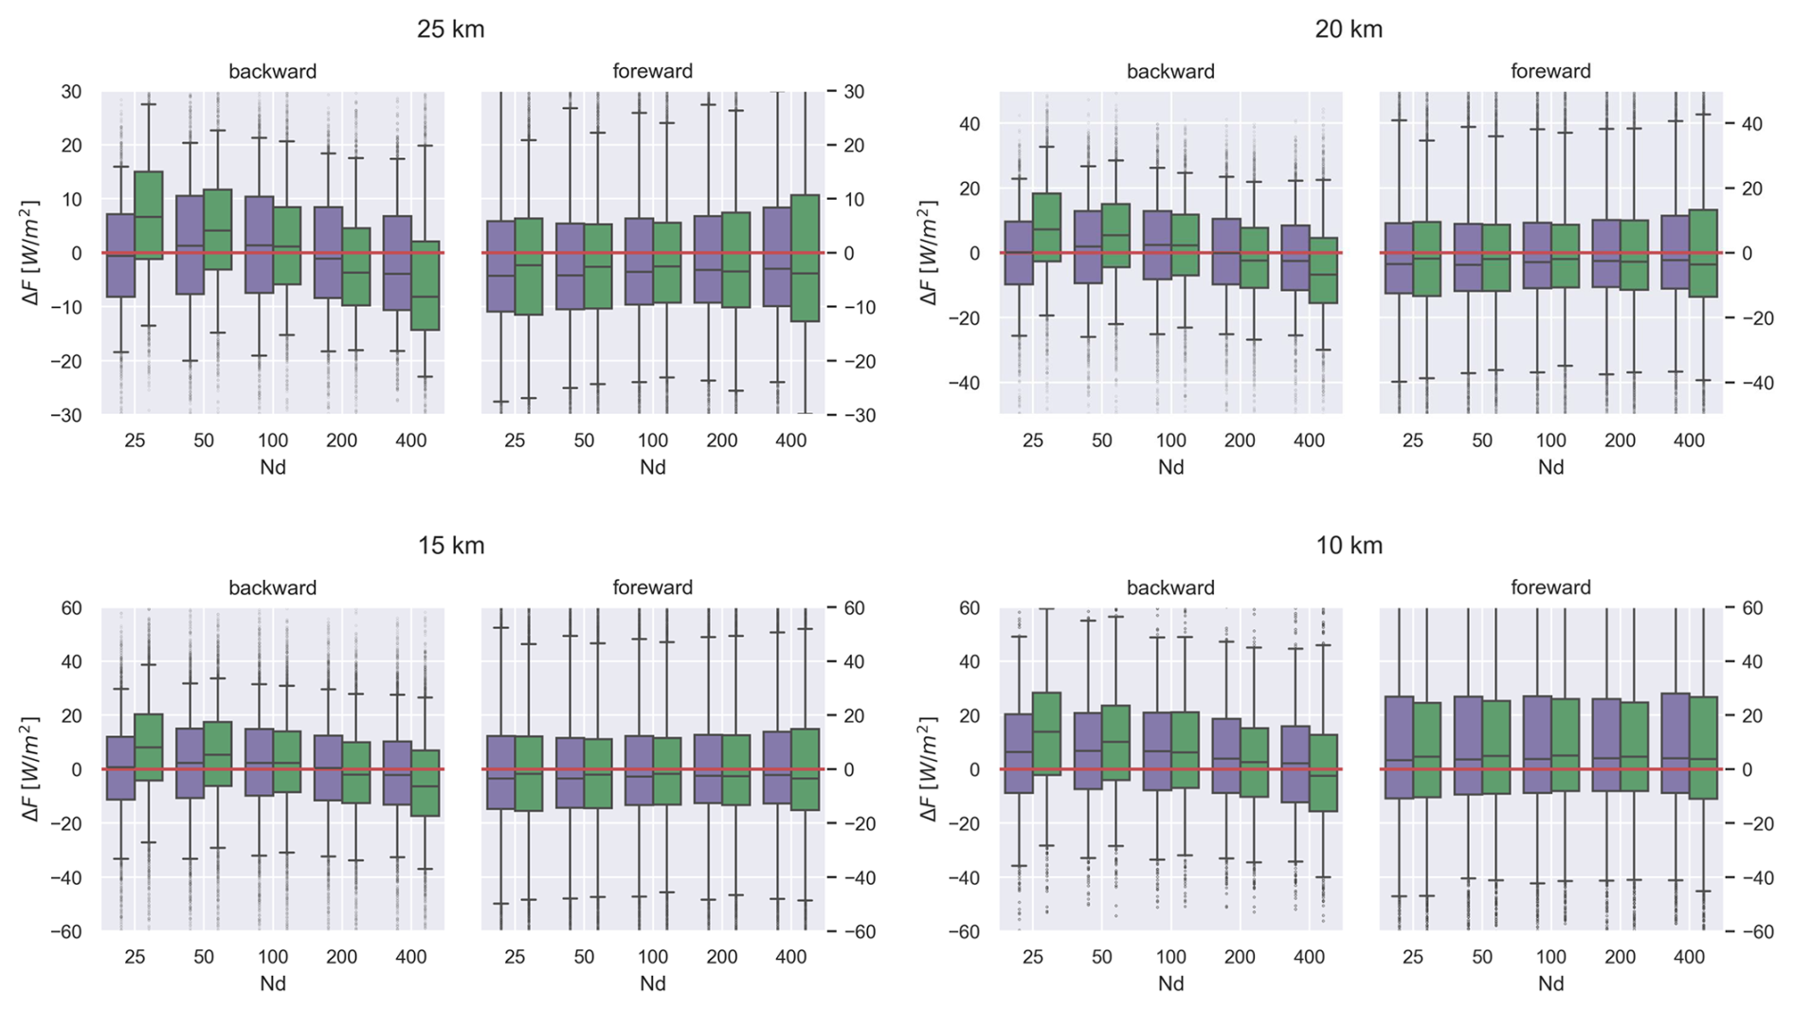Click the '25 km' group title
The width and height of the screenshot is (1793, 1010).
pos(450,29)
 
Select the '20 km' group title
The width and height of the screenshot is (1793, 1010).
pos(1348,29)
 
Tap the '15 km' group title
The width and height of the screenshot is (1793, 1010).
pos(450,546)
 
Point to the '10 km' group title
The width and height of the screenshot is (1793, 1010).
pos(1348,546)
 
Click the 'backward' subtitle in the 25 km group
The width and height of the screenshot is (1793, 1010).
pos(272,71)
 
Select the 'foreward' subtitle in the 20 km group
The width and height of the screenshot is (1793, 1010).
pos(1550,71)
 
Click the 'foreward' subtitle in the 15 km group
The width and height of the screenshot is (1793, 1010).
pos(652,587)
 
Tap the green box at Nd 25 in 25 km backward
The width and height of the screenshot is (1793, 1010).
pos(149,215)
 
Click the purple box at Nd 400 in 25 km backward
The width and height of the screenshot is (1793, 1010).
pos(397,262)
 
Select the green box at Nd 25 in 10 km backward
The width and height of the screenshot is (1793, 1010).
pos(1046,733)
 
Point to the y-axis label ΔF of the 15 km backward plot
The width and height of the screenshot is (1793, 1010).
pos(30,769)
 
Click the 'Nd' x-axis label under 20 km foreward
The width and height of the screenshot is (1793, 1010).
pos(1550,467)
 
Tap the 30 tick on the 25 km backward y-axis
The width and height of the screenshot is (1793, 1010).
pos(71,92)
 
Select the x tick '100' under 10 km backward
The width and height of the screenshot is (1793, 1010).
pos(1170,957)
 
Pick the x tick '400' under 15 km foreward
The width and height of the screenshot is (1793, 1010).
pos(790,957)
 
